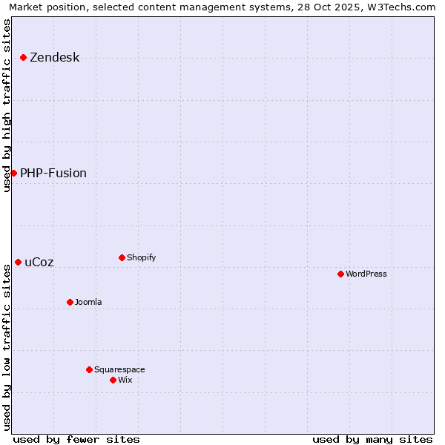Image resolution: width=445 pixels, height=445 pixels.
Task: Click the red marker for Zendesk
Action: (24, 57)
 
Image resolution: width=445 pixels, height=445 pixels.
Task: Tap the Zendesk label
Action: (54, 58)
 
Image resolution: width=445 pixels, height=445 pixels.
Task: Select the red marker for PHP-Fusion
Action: (13, 173)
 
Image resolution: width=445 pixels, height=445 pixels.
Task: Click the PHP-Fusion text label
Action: (53, 174)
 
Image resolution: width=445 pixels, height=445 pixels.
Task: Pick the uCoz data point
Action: (18, 262)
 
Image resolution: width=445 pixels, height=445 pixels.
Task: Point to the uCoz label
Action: (39, 263)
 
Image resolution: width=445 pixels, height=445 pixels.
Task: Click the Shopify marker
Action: (122, 257)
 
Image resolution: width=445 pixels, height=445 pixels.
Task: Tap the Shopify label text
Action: (141, 258)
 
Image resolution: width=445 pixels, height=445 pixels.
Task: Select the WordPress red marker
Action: (340, 274)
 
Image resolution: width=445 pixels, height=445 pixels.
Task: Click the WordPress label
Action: (366, 274)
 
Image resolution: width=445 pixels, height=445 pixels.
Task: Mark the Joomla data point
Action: (70, 302)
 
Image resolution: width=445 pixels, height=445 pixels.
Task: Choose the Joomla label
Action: (88, 303)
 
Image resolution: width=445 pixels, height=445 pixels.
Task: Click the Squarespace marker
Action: (89, 369)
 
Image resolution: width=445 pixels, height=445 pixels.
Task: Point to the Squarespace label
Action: (119, 370)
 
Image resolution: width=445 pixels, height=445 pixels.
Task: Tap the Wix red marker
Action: (113, 380)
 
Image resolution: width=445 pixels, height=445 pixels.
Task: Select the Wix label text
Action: (125, 380)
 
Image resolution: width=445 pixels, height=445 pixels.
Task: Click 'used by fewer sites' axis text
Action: (76, 440)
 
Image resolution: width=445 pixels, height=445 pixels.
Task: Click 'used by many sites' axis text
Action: (372, 440)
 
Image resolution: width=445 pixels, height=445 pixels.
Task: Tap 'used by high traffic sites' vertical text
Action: (7, 105)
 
